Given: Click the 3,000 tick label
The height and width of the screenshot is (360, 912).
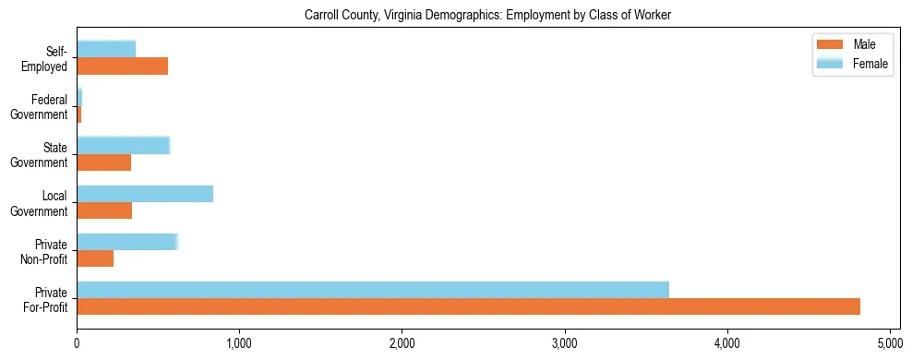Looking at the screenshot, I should pyautogui.click(x=565, y=343).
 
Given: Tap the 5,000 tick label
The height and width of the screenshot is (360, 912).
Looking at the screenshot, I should pyautogui.click(x=890, y=343).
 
